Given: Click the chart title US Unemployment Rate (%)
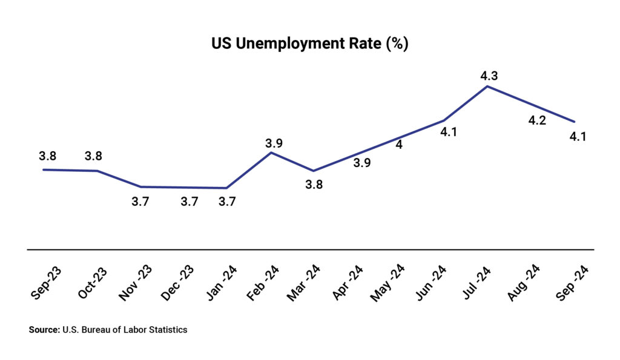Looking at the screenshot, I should (309, 45).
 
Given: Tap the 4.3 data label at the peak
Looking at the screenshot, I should (489, 76).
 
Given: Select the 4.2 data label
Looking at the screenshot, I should (537, 120).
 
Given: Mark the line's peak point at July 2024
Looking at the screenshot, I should (487, 87).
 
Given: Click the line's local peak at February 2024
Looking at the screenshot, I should (271, 152).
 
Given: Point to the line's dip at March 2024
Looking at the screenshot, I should (314, 171).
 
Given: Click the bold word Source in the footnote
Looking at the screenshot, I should (43, 330).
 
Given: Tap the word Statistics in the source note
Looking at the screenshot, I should (167, 330).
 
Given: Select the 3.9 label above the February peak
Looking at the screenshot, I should (274, 143).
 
